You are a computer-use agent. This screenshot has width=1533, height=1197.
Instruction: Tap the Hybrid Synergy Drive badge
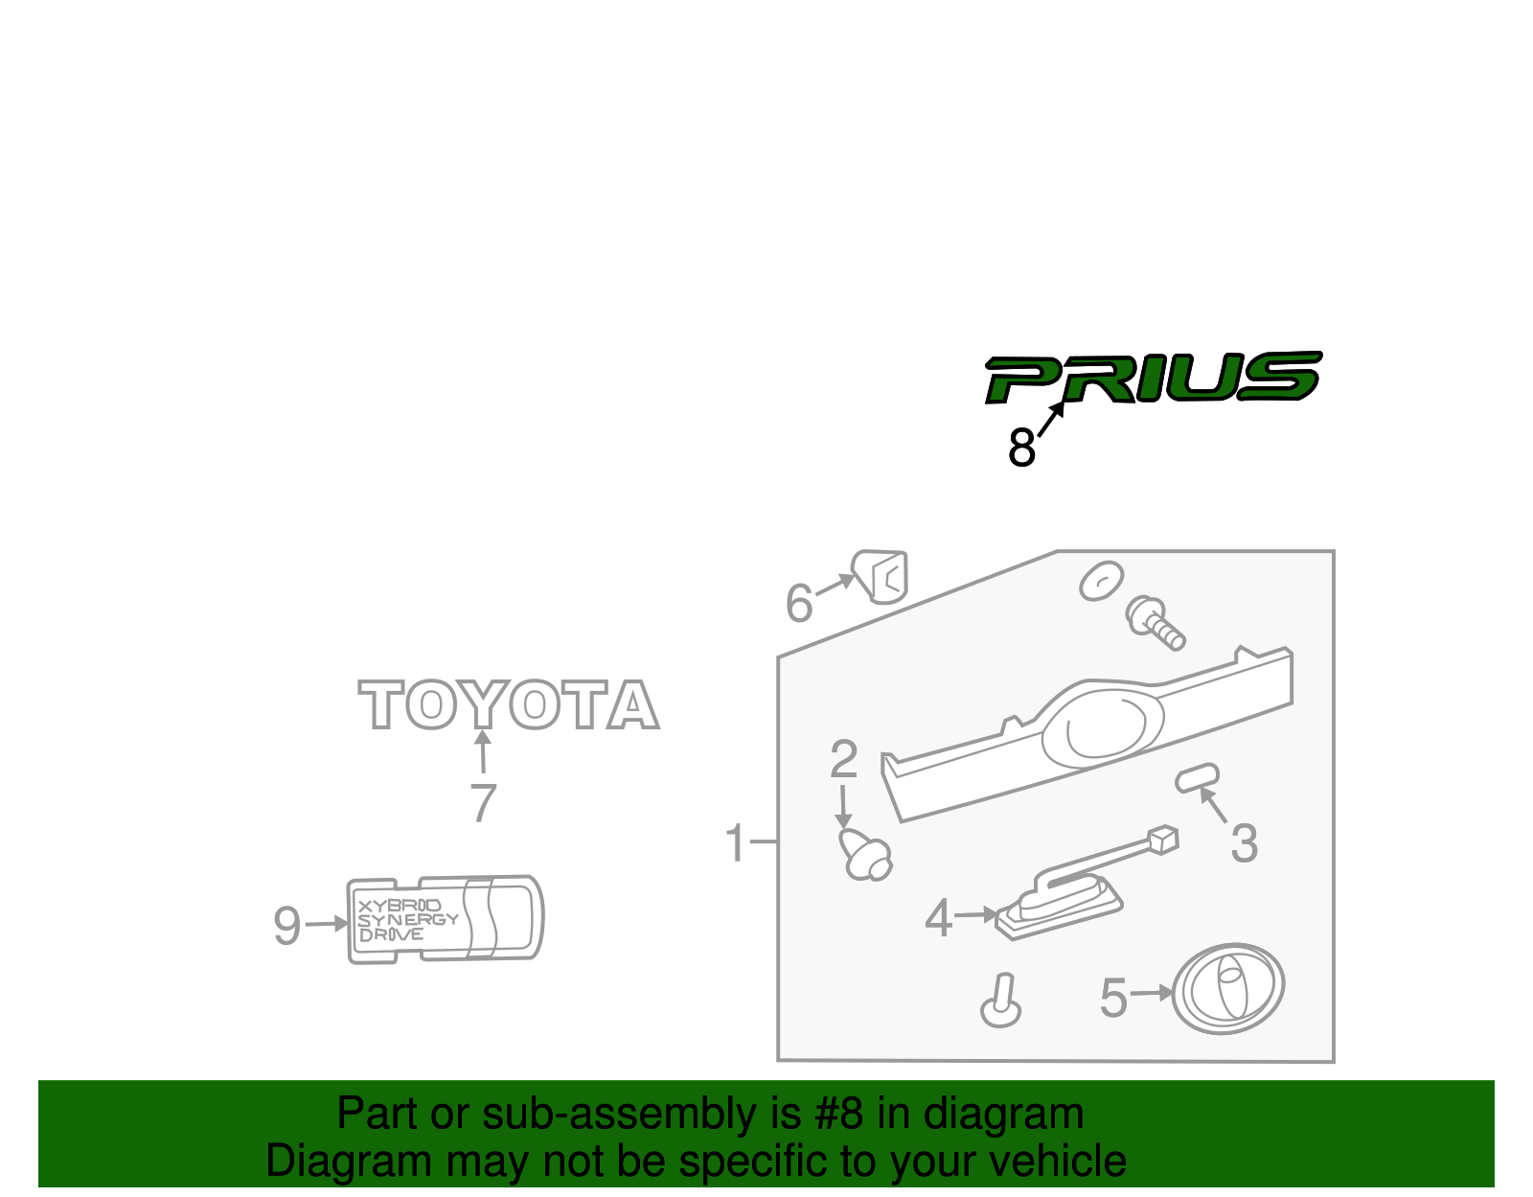[445, 918]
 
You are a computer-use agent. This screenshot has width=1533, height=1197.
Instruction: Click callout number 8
[1021, 448]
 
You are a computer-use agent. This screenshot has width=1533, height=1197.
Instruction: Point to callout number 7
[484, 803]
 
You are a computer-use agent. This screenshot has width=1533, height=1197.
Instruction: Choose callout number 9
[286, 926]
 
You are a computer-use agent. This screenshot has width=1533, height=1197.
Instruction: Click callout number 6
[798, 604]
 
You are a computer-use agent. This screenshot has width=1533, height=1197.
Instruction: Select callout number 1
[735, 843]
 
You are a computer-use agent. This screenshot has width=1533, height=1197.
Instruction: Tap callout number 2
[843, 760]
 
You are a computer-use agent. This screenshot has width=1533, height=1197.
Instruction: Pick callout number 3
[1244, 844]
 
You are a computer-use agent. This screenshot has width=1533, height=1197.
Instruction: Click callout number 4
[938, 918]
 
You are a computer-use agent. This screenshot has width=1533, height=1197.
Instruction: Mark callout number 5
[1113, 998]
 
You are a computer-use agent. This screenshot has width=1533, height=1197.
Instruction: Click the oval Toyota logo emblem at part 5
[1228, 988]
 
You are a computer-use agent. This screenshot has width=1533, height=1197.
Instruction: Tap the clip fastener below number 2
[866, 855]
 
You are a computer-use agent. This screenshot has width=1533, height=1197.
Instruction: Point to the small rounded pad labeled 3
[1198, 777]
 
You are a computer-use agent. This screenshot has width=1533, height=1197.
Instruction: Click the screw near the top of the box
[1155, 621]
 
